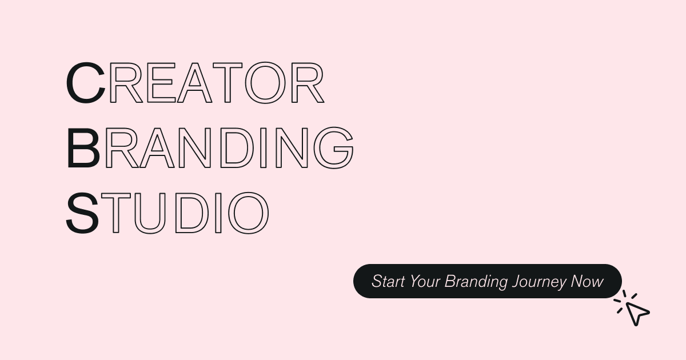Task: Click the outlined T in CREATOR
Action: pyautogui.click(x=229, y=83)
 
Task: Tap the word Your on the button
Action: pyautogui.click(x=425, y=281)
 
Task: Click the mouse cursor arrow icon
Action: pyautogui.click(x=636, y=312)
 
